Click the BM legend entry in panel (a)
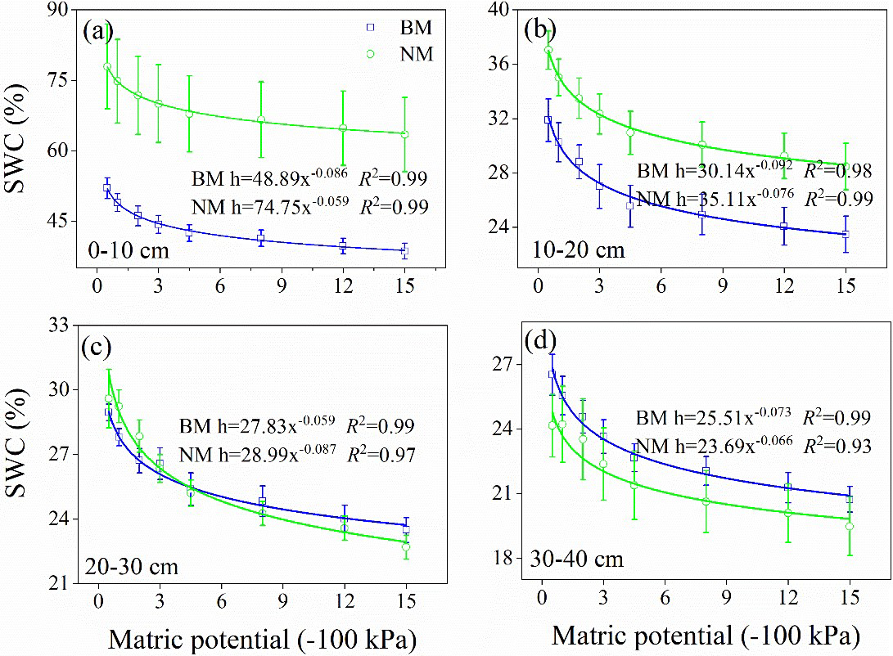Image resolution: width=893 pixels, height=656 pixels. point(404,28)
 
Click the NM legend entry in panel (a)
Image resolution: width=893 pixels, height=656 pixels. point(404,54)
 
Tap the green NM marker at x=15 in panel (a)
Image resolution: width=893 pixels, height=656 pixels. point(404,134)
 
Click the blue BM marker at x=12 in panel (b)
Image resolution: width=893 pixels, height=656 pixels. point(783,226)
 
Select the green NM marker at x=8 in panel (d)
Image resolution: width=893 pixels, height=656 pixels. point(706,501)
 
